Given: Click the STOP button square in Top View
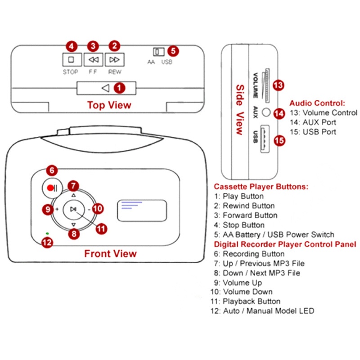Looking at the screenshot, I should [70, 59].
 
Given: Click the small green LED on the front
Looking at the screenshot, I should [47, 234].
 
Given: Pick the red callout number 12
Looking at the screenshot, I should [47, 242].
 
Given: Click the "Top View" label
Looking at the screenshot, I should [109, 105].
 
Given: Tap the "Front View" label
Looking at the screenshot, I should [110, 254].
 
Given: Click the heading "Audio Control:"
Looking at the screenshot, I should [317, 103].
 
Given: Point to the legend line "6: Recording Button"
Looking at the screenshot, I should [250, 254].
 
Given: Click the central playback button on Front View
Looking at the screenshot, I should [73, 209].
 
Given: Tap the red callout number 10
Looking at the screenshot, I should [98, 208].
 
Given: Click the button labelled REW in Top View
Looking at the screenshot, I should [114, 59].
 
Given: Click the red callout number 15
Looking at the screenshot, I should [279, 140].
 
